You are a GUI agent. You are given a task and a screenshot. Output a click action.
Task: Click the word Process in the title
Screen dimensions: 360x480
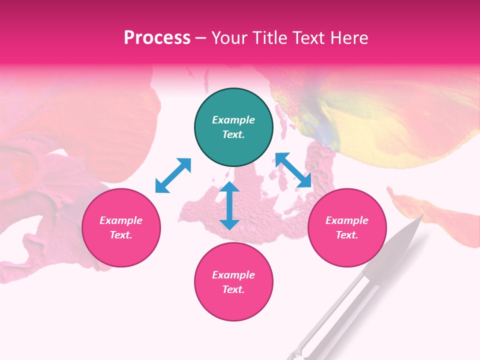tap(157, 38)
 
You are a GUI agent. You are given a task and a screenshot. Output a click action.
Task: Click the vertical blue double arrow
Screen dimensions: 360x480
tap(229, 205)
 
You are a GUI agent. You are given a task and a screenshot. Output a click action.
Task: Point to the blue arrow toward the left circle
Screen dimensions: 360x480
tap(173, 175)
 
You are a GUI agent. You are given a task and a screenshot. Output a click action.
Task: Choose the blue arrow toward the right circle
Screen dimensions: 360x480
tap(293, 170)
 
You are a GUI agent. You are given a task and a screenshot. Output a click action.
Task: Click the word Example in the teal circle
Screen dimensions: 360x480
tap(233, 120)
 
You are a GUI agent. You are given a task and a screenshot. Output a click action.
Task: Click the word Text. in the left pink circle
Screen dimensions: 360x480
tap(121, 235)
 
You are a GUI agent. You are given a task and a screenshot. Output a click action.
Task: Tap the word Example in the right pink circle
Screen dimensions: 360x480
tap(347, 220)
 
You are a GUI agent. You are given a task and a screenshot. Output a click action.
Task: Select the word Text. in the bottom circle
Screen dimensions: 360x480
tap(233, 289)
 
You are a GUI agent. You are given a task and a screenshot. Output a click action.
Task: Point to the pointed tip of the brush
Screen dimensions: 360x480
tap(422, 215)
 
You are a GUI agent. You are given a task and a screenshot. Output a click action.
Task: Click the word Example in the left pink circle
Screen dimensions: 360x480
tap(121, 220)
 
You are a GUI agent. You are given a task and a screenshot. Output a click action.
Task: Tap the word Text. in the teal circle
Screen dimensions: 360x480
tap(233, 134)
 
